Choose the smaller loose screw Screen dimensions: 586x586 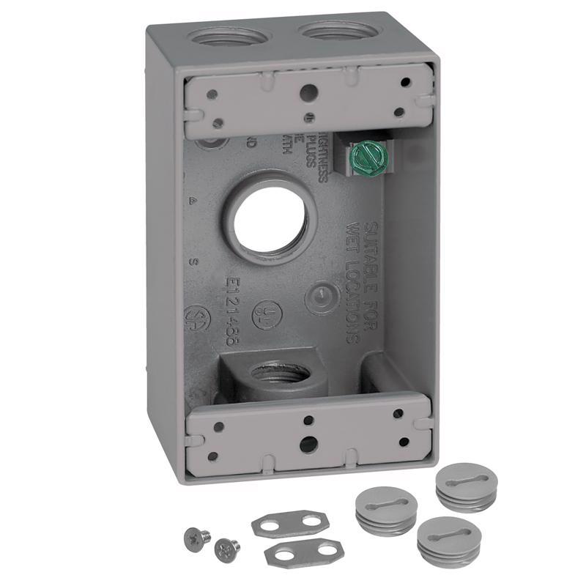coord(226,546)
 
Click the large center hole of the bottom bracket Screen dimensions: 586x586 coord(308,444)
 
